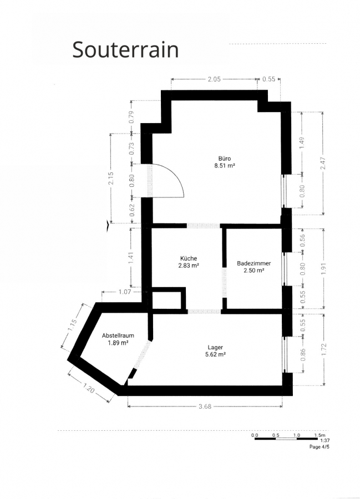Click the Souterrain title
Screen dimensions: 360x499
(x=125, y=49)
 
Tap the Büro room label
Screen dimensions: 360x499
(x=225, y=158)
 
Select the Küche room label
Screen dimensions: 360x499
(x=189, y=258)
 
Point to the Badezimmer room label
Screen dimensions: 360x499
(x=253, y=263)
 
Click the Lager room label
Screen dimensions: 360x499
(x=215, y=348)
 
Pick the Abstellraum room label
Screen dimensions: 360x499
(x=118, y=335)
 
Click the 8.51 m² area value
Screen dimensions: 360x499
(x=225, y=165)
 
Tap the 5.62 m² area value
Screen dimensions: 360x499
(x=215, y=354)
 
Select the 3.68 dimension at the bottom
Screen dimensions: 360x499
(x=205, y=406)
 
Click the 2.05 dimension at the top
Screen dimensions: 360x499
(x=214, y=79)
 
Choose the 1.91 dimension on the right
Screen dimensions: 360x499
(x=324, y=268)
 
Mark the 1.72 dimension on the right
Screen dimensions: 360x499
(x=324, y=350)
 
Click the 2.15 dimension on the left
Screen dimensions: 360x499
(x=111, y=178)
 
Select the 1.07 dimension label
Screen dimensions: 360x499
(x=124, y=292)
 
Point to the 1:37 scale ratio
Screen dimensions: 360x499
(x=324, y=441)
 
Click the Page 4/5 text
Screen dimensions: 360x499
(x=320, y=447)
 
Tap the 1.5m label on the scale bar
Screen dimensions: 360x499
(x=320, y=435)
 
